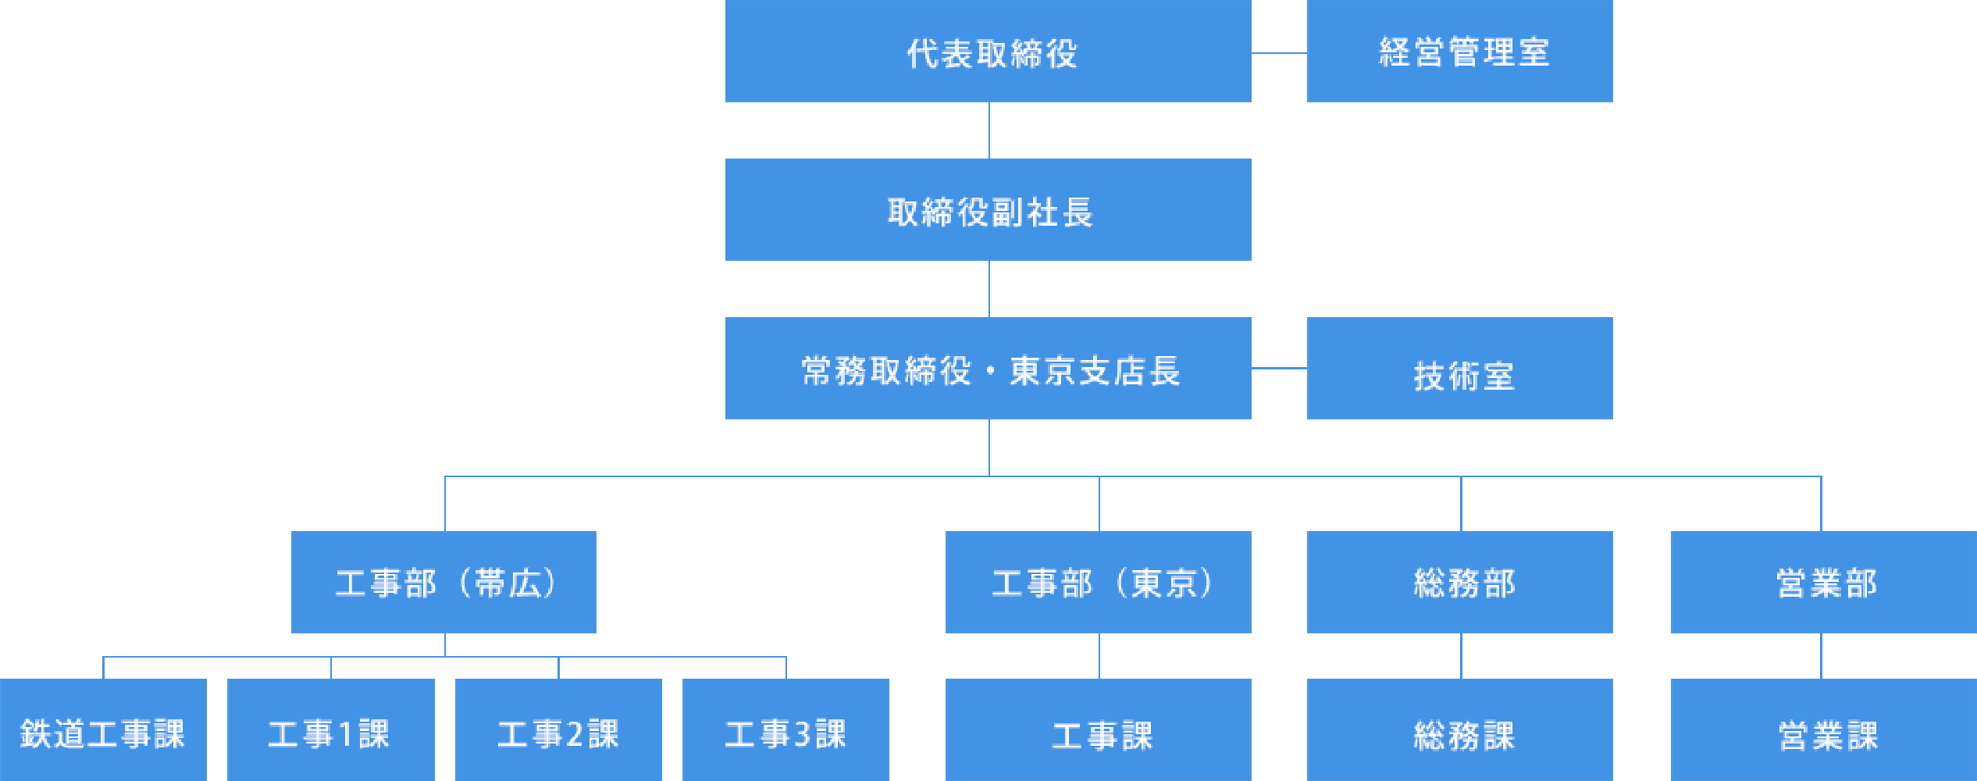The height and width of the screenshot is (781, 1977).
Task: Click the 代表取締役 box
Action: tap(988, 52)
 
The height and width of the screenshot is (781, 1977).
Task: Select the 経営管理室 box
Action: tap(1459, 52)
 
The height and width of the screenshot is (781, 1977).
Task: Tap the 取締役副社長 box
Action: tap(988, 210)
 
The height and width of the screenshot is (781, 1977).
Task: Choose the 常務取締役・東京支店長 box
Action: tap(988, 369)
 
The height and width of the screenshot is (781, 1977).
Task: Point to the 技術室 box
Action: tap(1459, 369)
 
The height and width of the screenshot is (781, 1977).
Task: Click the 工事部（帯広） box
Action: tap(443, 583)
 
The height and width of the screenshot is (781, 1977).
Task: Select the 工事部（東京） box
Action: tap(1098, 583)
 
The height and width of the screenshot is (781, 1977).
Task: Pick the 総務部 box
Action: tap(1459, 583)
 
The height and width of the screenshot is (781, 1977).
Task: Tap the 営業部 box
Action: tap(1823, 583)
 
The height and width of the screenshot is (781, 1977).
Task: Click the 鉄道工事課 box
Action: tap(103, 731)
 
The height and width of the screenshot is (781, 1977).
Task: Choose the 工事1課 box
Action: tap(330, 731)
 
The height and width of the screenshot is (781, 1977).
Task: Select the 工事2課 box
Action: tap(558, 731)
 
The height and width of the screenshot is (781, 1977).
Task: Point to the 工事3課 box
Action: tap(785, 731)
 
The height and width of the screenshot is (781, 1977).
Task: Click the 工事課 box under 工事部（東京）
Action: tap(1098, 731)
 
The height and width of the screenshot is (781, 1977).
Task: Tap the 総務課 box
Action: tap(1459, 731)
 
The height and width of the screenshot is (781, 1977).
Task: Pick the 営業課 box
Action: tap(1823, 731)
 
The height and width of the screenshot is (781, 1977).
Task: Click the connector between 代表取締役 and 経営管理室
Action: tap(1279, 53)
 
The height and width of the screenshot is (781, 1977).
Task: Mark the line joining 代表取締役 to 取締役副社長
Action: tap(989, 130)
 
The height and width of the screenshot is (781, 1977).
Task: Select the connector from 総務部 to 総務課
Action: tap(1461, 656)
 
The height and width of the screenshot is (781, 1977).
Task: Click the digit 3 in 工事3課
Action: tap(803, 734)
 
